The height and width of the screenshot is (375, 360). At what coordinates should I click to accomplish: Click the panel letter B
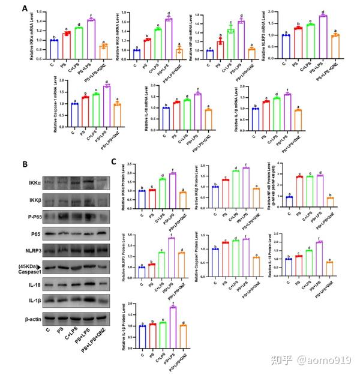click(25, 163)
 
